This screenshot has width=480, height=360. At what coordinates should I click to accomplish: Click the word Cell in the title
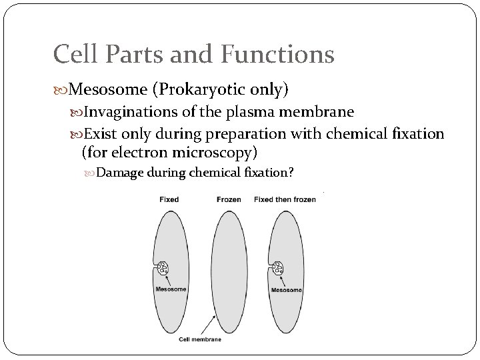coord(77,54)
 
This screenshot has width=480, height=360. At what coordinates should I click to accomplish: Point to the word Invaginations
coord(137,111)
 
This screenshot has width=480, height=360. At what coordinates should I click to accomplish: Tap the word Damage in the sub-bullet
coord(119,173)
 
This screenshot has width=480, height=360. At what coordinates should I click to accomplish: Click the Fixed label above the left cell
coord(169,199)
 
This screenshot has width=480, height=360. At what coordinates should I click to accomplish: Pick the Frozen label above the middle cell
coord(229,199)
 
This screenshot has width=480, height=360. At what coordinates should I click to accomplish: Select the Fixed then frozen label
coord(285,199)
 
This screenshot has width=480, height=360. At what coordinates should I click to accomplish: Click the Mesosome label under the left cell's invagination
coord(171,289)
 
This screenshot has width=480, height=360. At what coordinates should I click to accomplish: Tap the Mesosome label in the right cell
coord(286,290)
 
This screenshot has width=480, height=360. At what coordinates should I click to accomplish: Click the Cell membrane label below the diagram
coord(200,339)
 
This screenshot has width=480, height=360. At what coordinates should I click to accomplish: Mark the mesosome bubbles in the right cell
coord(278,268)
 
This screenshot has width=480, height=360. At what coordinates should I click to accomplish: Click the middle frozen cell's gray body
coord(229,267)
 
